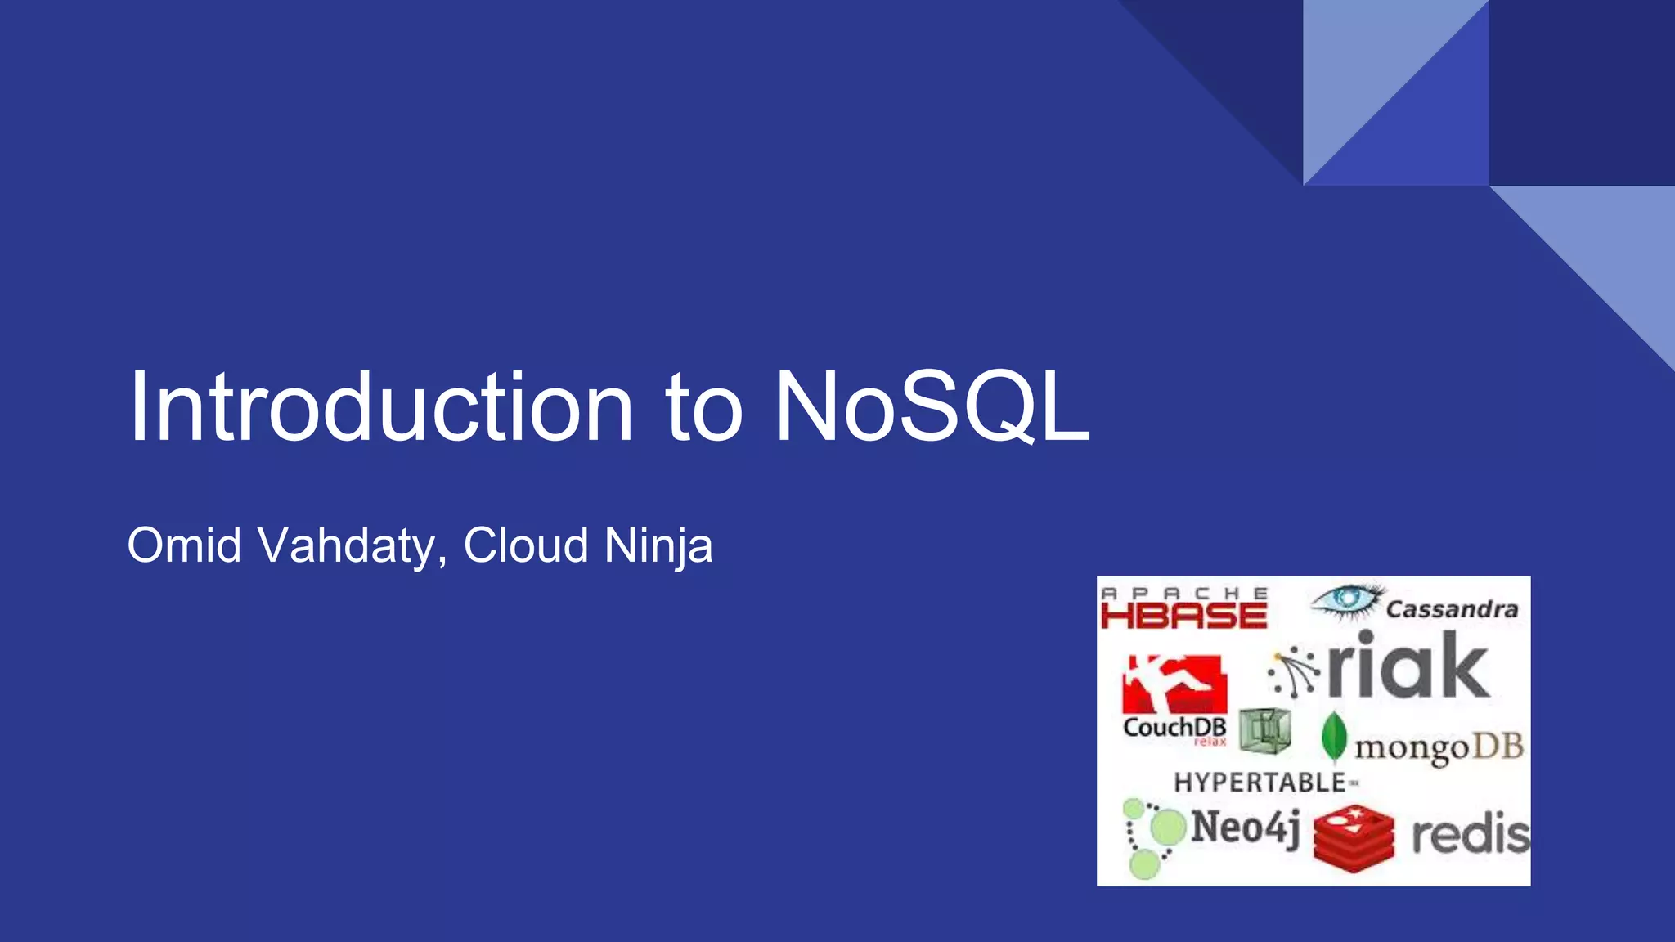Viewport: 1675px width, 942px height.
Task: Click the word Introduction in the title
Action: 381,406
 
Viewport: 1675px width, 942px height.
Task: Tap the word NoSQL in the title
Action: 932,406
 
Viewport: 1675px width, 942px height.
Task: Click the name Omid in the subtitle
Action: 184,545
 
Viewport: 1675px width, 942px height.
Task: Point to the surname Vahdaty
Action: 347,547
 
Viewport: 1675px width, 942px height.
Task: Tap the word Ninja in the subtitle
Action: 658,547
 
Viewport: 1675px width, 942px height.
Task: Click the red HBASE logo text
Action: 1183,615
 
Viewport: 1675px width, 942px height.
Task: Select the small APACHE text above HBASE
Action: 1183,592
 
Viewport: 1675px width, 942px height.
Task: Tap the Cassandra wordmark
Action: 1452,609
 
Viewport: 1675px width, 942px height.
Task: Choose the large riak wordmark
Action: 1407,666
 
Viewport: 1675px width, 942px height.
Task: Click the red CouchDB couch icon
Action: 1174,684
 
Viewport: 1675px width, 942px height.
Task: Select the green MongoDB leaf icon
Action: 1334,735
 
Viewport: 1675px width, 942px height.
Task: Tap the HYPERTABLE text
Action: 1260,783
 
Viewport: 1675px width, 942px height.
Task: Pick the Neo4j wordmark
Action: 1245,827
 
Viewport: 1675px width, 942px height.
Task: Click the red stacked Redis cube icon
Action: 1354,834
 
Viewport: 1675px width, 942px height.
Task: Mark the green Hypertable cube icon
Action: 1264,729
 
